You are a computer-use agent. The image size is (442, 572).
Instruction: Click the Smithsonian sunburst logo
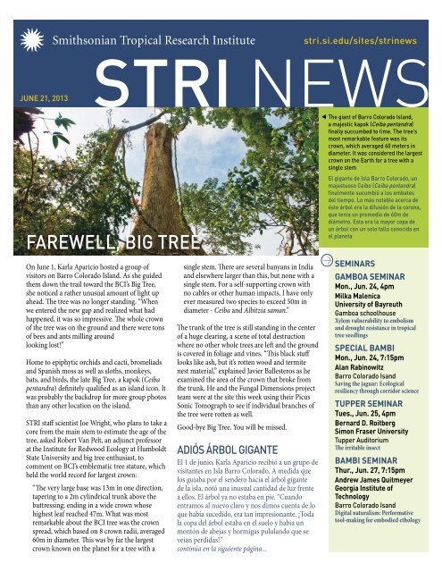point(30,38)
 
